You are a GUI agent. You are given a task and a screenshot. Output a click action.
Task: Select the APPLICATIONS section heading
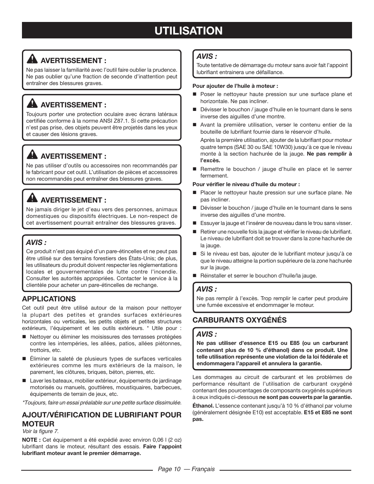49,299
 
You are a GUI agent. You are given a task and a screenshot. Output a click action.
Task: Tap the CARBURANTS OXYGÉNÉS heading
239,320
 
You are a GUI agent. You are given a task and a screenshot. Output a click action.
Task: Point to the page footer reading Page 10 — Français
186,469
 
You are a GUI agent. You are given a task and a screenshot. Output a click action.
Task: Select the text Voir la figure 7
40,431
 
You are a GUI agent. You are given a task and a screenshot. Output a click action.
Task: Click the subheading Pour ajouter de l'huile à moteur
235,86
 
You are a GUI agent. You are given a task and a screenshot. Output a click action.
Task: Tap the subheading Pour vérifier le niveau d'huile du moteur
246,184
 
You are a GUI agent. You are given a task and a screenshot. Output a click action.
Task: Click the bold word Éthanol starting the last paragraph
203,406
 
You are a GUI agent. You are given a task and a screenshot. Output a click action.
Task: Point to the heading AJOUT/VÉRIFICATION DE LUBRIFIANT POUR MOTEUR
101,419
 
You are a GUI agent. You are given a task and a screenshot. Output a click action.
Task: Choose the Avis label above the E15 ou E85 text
206,334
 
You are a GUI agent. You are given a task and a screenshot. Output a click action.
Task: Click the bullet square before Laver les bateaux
24,381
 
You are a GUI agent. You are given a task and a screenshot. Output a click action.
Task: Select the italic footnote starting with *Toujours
102,402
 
